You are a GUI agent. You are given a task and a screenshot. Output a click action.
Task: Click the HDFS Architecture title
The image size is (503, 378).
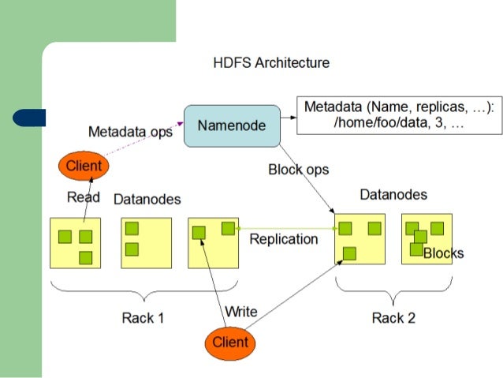pos(271,62)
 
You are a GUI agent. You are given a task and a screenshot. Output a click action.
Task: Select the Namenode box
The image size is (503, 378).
pos(232,125)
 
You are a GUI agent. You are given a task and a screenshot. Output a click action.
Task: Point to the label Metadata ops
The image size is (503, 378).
pos(130,132)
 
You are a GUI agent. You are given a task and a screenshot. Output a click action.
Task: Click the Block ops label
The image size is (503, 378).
pos(298,170)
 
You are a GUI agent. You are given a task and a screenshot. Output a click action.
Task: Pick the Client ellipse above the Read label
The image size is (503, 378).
pos(84,166)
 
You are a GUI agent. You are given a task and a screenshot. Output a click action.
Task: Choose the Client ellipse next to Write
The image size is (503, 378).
pos(229,342)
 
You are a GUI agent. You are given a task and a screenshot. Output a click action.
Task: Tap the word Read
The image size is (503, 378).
pos(83,197)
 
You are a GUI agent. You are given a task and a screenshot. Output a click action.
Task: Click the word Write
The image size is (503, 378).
pos(240,311)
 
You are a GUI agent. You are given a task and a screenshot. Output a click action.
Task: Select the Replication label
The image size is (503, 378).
pos(283,239)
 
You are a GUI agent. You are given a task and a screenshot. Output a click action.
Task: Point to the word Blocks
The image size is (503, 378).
pos(443,253)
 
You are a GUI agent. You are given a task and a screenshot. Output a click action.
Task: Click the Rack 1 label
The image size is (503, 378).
pos(143,318)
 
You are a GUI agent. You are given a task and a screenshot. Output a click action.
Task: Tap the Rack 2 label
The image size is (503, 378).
pos(393,318)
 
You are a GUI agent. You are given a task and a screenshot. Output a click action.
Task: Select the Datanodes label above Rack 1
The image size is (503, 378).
pos(147,198)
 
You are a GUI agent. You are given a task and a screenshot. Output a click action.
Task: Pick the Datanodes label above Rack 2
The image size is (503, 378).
pos(393,194)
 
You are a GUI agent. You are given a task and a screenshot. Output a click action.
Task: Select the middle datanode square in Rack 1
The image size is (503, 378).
pos(146,242)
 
